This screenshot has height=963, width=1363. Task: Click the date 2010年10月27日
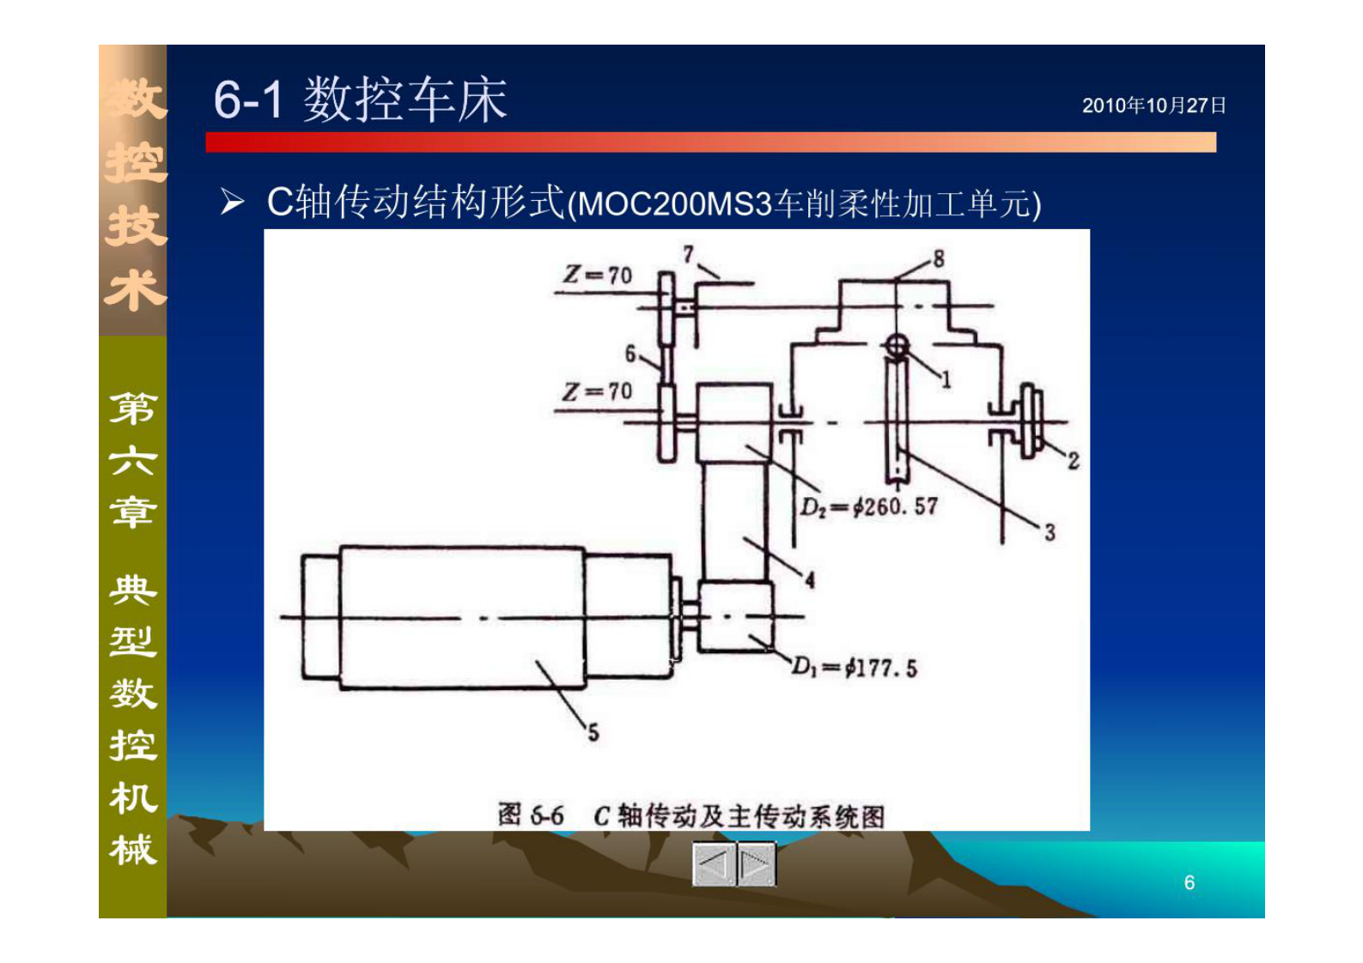click(1153, 106)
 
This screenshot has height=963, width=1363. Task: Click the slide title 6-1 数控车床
click(360, 100)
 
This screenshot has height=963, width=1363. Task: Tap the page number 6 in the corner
click(1189, 882)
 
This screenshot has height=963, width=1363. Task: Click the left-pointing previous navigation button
click(714, 863)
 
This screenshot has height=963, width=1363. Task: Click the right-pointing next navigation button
click(756, 863)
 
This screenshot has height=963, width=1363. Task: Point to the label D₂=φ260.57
click(868, 507)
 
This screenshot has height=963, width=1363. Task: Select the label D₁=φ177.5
click(854, 667)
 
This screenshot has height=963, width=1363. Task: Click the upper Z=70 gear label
click(598, 275)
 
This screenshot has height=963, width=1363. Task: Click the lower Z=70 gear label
click(598, 391)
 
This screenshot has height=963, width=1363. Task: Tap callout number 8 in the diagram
click(938, 258)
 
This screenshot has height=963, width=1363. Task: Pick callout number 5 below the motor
click(593, 732)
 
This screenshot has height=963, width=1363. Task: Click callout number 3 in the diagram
click(1050, 532)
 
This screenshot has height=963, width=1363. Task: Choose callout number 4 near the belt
click(809, 580)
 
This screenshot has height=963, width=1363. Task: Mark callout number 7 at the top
click(688, 254)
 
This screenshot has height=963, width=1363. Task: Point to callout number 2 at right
click(1073, 461)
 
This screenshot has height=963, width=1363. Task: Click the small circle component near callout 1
click(896, 347)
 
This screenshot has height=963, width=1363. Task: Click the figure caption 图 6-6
click(530, 815)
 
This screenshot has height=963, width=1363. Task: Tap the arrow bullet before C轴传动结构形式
click(231, 203)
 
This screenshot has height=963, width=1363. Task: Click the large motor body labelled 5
click(462, 617)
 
